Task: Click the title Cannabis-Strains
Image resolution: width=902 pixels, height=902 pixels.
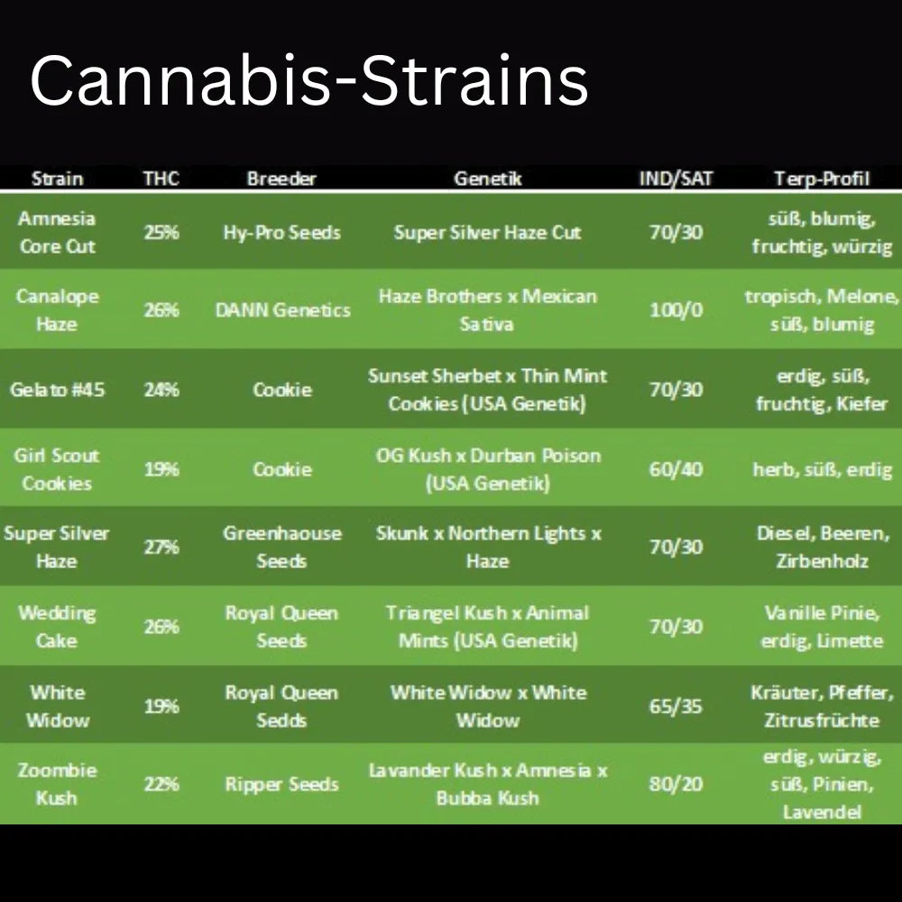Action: tap(308, 81)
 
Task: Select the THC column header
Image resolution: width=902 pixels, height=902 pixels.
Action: tap(161, 179)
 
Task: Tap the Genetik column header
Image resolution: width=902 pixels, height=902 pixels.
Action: tap(487, 179)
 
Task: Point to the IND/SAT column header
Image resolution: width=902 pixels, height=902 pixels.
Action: tap(676, 179)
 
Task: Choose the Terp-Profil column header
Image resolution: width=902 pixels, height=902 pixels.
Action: tap(821, 179)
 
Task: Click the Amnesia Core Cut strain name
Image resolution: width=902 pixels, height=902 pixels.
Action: tap(57, 232)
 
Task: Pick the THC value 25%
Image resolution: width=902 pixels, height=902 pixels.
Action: tap(161, 232)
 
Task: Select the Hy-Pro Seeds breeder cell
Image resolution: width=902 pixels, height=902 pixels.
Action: tap(281, 232)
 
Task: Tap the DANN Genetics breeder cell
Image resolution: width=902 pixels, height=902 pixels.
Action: tap(281, 310)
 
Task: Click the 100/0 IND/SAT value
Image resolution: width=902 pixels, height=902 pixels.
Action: tap(676, 310)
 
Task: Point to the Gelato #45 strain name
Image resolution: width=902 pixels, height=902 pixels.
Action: tap(57, 390)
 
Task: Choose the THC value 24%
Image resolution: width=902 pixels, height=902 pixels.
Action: tap(161, 390)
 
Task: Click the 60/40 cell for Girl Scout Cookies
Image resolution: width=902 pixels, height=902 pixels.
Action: tap(676, 469)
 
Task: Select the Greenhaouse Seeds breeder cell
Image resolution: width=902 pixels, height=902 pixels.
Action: tap(281, 547)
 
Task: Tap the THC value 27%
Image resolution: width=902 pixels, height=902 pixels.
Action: tap(161, 548)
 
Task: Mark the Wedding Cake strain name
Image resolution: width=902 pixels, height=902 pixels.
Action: tap(57, 627)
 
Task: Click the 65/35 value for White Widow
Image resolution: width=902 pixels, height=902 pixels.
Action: tap(676, 706)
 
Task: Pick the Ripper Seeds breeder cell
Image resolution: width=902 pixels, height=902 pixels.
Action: tap(281, 785)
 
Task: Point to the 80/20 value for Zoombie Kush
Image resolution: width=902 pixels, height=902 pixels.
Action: tap(676, 785)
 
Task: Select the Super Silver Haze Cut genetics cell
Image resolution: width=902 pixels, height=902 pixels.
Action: tap(487, 232)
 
